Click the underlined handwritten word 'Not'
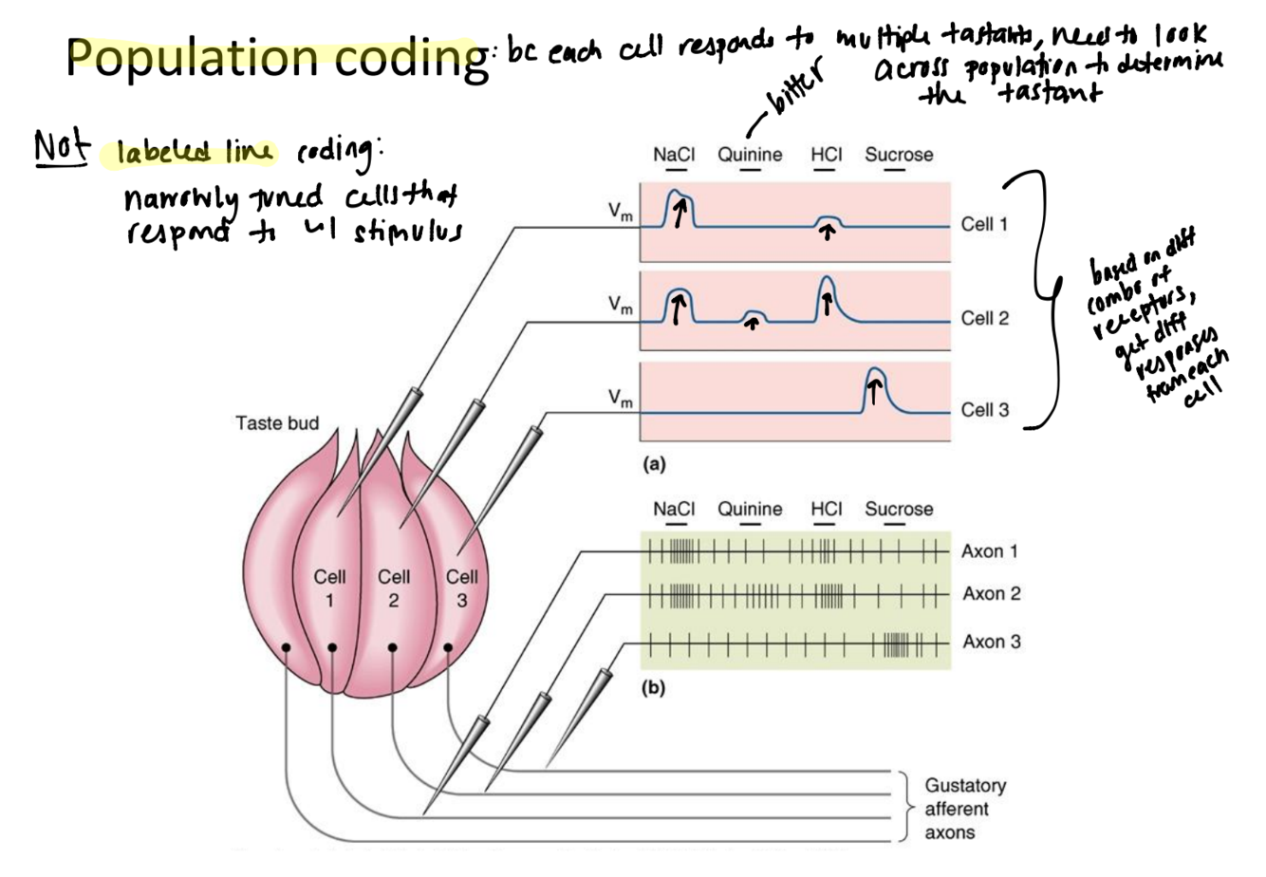pyautogui.click(x=62, y=148)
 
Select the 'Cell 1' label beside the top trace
pyautogui.click(x=984, y=225)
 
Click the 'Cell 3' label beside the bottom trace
pyautogui.click(x=984, y=410)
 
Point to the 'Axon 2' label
pyautogui.click(x=991, y=594)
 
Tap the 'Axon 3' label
pyautogui.click(x=991, y=642)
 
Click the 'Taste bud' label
pyautogui.click(x=277, y=423)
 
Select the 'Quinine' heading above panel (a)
pyautogui.click(x=750, y=155)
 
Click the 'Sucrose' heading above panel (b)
pyautogui.click(x=898, y=510)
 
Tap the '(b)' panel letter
pyautogui.click(x=654, y=688)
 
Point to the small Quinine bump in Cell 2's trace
pyautogui.click(x=753, y=313)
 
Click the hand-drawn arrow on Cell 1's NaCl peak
pyautogui.click(x=680, y=213)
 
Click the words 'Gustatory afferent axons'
pyautogui.click(x=964, y=810)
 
